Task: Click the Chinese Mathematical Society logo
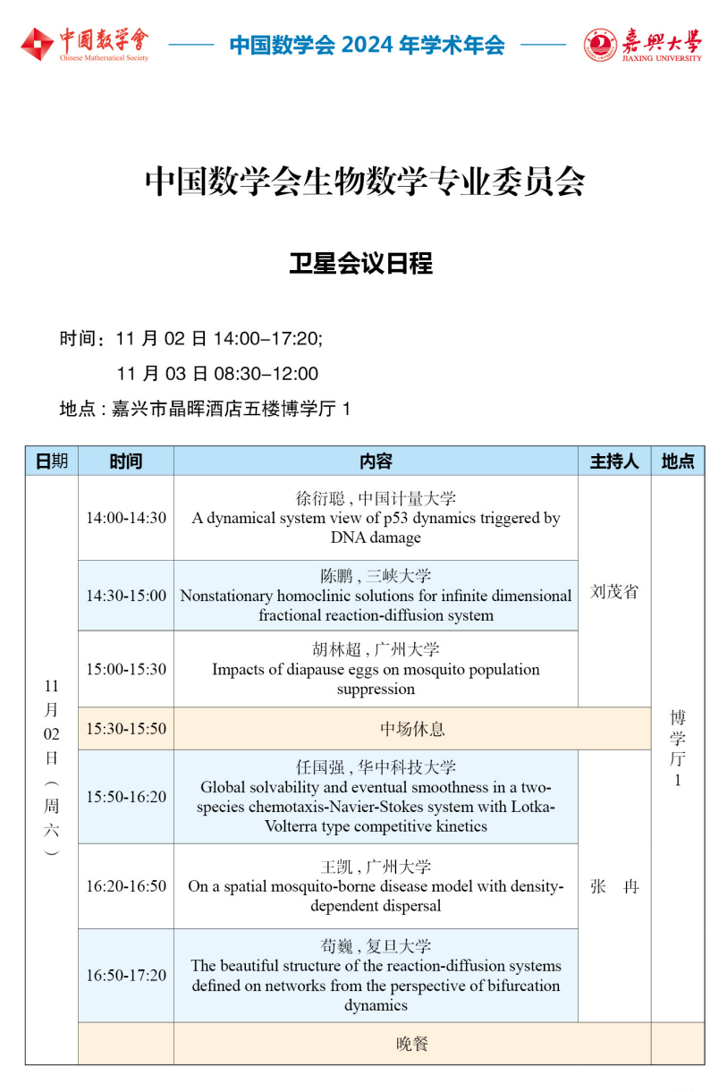coord(85,44)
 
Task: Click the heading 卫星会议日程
coord(361,264)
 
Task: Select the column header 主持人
coord(614,461)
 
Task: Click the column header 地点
coord(677,461)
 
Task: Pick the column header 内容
coord(376,461)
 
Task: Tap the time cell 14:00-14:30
coord(126,518)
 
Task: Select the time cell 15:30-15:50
coord(126,729)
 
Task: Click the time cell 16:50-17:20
coord(126,975)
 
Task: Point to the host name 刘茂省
coord(614,592)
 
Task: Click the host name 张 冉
coord(614,887)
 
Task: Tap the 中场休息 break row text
coord(412,729)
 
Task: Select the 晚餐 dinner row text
coord(412,1044)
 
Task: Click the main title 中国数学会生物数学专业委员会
coord(365,182)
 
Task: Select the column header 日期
coord(51,461)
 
